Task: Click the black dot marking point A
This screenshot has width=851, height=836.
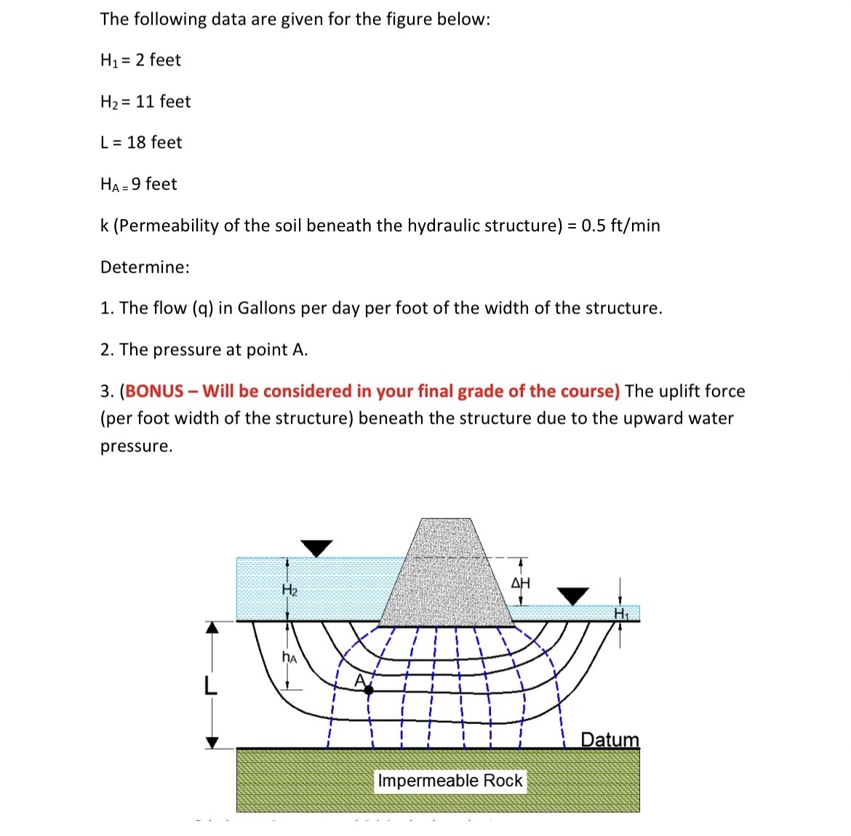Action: (x=369, y=689)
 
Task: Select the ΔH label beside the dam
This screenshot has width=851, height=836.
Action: (x=521, y=583)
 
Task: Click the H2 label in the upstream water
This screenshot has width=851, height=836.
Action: (x=289, y=589)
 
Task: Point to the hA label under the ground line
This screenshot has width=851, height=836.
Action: (x=289, y=658)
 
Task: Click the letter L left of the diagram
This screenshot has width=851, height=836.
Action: (x=210, y=685)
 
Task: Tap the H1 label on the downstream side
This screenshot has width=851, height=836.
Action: (x=620, y=613)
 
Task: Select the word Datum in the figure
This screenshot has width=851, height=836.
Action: (x=610, y=740)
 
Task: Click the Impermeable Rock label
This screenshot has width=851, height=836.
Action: (x=450, y=781)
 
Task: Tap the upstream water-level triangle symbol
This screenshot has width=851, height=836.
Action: (x=316, y=548)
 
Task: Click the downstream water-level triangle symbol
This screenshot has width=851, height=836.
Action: (x=573, y=596)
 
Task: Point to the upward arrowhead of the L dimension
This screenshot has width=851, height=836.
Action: (x=212, y=627)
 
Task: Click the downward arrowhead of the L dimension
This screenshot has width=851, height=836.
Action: (x=212, y=742)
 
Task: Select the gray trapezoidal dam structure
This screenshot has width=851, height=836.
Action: (x=446, y=575)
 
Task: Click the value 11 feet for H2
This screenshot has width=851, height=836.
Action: (x=163, y=102)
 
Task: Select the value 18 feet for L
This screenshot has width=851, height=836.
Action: (x=154, y=143)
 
